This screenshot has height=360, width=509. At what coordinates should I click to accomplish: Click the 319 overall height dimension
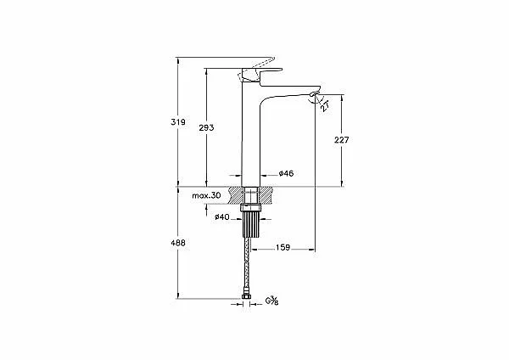click(x=178, y=122)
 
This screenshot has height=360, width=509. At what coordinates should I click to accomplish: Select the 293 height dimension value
click(x=206, y=127)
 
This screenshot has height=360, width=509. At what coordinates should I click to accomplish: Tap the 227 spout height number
click(x=342, y=140)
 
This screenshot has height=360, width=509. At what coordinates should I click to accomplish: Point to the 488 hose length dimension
click(x=178, y=243)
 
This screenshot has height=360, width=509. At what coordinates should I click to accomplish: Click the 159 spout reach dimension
click(x=282, y=248)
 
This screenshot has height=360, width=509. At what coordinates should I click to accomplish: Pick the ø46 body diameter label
click(x=286, y=173)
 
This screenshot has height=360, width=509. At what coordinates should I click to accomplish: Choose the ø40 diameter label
click(x=222, y=217)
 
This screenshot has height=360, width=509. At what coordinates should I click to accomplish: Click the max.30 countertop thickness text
click(x=206, y=195)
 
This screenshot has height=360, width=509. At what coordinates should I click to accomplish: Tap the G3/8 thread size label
click(x=271, y=301)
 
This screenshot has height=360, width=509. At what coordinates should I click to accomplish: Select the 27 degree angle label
click(x=325, y=106)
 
